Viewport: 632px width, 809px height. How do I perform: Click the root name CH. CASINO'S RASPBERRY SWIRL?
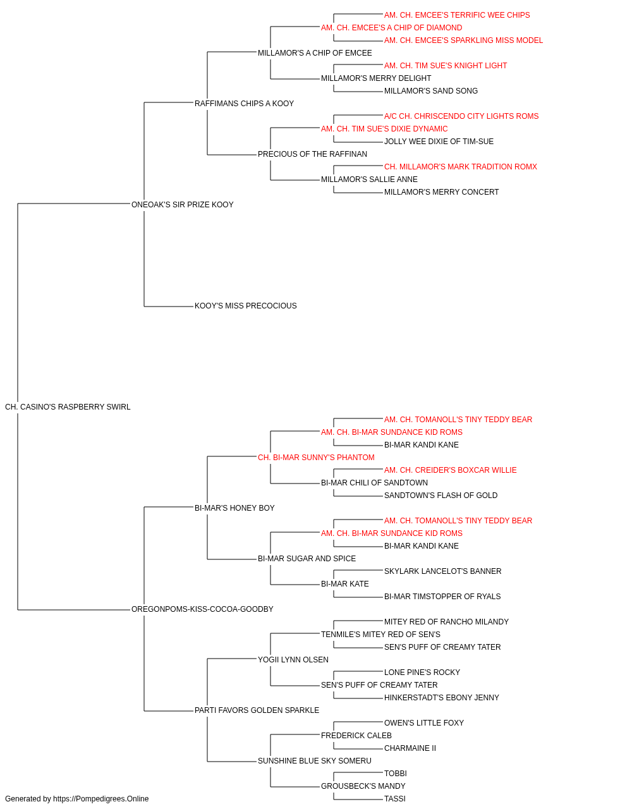[68, 407]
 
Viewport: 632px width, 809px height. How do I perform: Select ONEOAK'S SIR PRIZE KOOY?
[183, 205]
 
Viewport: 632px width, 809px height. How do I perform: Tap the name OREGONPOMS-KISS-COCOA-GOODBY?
[202, 609]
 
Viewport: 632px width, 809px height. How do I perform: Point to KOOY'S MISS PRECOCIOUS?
[246, 306]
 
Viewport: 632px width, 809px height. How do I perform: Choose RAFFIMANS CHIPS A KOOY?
[244, 104]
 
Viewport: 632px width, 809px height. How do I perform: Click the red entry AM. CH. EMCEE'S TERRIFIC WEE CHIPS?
[457, 15]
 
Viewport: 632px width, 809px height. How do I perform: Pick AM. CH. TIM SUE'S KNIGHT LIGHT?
[446, 66]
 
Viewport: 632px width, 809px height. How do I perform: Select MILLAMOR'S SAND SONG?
[431, 91]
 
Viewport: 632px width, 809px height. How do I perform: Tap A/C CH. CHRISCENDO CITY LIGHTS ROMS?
[461, 116]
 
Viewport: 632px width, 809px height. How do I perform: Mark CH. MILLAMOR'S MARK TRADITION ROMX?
[461, 167]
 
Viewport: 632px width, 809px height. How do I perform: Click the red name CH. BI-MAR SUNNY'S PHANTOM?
[317, 458]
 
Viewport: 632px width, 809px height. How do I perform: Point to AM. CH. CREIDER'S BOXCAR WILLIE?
[451, 470]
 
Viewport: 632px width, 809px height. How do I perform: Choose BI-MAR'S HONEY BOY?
[234, 508]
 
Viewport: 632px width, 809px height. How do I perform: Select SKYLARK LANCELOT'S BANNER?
[443, 571]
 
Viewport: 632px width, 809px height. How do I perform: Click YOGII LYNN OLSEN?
[293, 660]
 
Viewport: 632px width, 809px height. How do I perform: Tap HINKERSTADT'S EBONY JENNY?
[442, 698]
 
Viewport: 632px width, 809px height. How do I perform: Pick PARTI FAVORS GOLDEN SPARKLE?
[257, 710]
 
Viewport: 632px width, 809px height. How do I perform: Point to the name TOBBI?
[396, 774]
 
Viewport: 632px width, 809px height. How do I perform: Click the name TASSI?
[395, 799]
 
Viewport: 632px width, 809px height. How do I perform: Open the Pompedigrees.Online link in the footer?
[101, 799]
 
